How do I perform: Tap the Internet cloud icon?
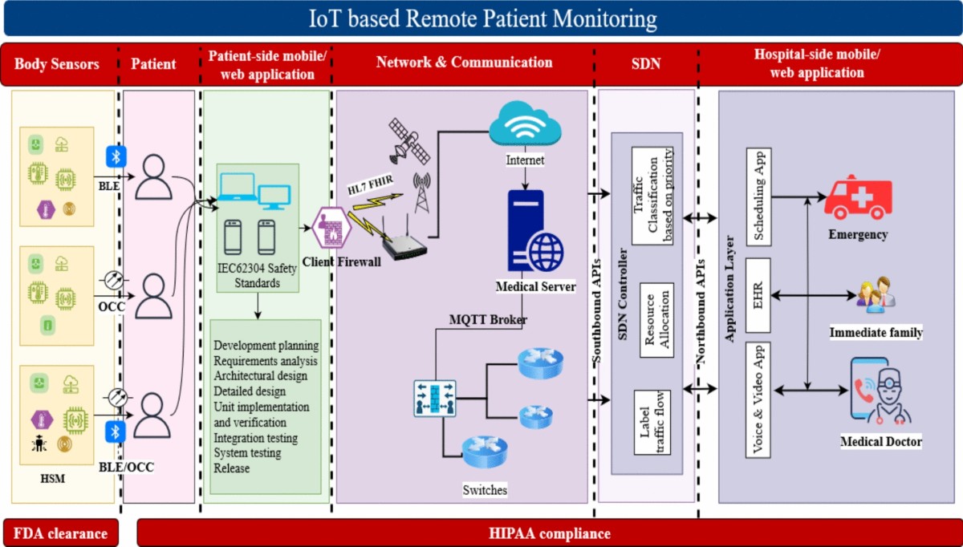pos(525,125)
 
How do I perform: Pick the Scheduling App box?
pos(758,196)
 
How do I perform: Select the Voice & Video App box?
pos(758,399)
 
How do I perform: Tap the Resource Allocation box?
pos(656,319)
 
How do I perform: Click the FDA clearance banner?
pos(60,533)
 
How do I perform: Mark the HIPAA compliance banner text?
pos(549,533)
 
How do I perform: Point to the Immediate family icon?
pos(875,295)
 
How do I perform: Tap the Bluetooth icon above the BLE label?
pos(116,156)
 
